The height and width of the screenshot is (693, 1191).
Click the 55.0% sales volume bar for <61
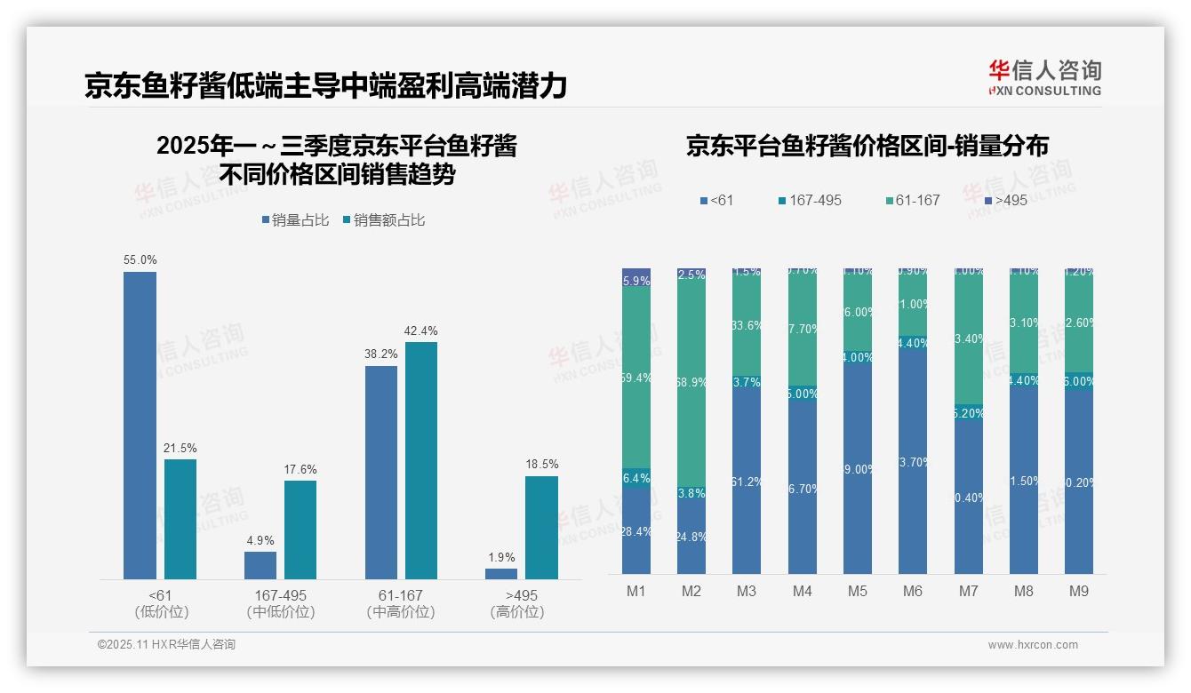point(140,426)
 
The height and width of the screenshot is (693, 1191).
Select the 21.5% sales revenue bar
point(180,519)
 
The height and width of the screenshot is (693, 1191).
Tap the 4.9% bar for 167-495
point(260,565)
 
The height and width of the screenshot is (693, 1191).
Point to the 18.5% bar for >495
point(541,528)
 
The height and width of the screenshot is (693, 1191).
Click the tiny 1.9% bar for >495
point(501,574)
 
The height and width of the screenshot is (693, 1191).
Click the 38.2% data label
point(381,353)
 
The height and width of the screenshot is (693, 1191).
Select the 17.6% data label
point(300,469)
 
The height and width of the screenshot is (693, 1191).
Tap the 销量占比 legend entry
point(295,219)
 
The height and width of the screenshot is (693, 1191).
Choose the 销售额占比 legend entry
point(383,219)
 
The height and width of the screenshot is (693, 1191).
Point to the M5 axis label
point(858,591)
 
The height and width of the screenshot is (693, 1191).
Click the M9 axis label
point(1078,591)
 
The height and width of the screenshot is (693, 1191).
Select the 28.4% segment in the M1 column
point(636,530)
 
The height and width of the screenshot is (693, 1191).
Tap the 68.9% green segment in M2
point(691,382)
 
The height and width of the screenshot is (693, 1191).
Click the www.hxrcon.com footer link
point(1033,645)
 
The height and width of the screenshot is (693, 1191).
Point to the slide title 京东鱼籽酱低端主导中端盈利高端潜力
point(325,86)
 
